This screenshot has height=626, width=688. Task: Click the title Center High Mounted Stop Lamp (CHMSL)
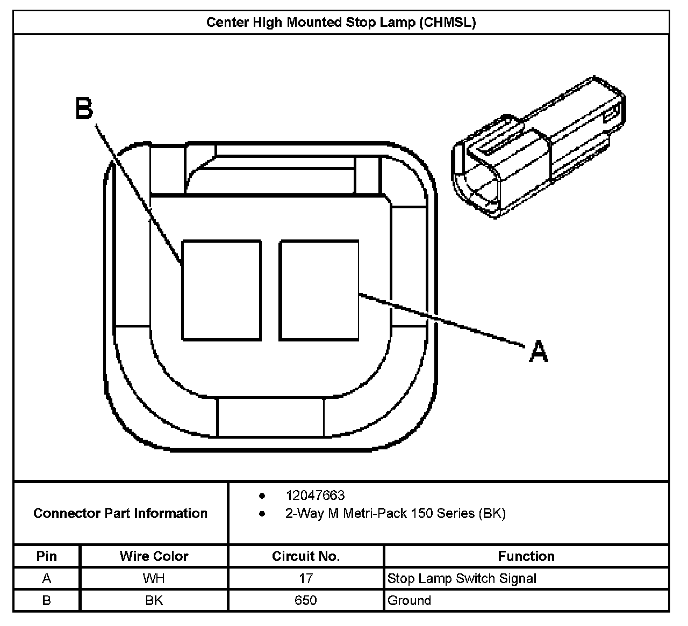coord(341,23)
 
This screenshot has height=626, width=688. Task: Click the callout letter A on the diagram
coord(539,352)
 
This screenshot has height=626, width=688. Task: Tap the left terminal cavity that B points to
coord(221,290)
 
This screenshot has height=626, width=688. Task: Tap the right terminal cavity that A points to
coord(319,290)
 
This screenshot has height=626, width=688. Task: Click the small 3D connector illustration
coord(537,148)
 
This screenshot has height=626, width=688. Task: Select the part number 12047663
coord(315,495)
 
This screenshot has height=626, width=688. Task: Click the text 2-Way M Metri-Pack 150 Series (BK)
coord(395,513)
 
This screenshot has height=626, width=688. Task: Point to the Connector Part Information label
coord(120,513)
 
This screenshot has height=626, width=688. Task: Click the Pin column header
coord(47,556)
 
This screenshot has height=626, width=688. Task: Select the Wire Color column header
coord(154,556)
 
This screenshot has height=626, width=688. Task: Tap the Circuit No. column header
coord(306,556)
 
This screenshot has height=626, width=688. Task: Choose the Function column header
coord(526,556)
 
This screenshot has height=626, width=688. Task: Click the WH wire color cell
coord(154,578)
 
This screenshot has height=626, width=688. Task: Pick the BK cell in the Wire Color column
coord(154,600)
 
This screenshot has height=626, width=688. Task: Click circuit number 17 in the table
coord(306,578)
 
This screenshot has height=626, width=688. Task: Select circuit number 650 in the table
coord(306,600)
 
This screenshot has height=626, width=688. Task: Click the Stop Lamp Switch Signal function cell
coord(462,578)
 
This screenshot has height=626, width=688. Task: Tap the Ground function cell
coord(409,600)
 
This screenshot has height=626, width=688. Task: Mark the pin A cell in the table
coord(47,578)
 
